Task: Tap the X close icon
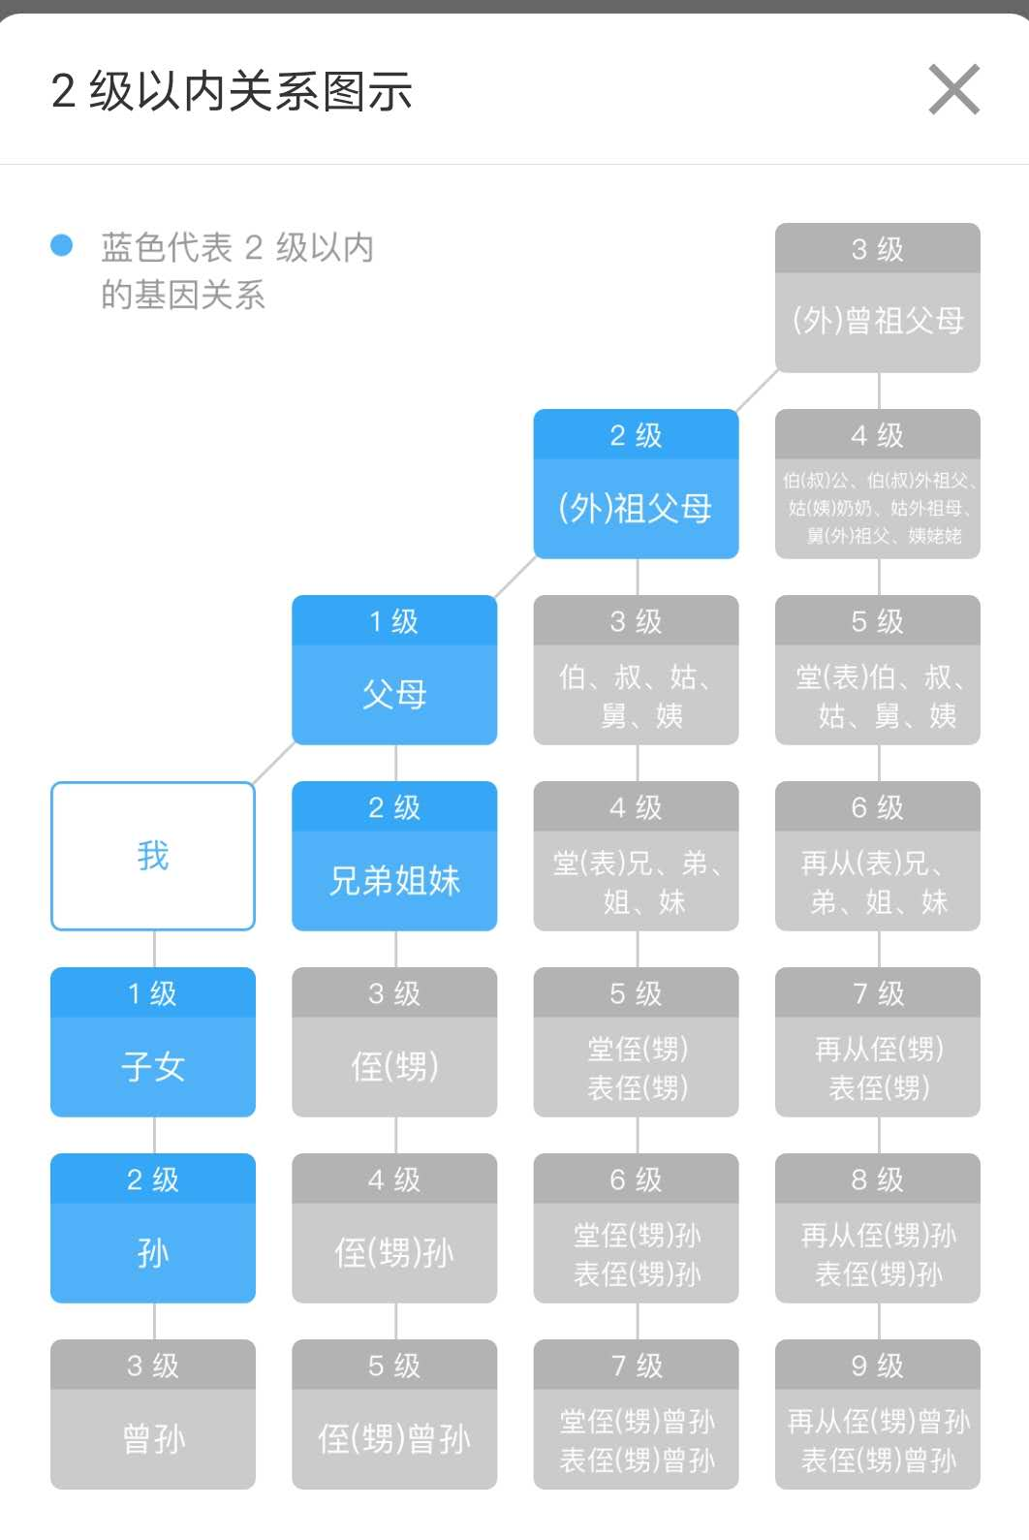pyautogui.click(x=953, y=89)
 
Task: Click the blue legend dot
pyautogui.click(x=62, y=245)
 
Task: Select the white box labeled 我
pyautogui.click(x=153, y=856)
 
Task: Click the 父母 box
pyautogui.click(x=394, y=670)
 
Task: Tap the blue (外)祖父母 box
pyautogui.click(x=636, y=484)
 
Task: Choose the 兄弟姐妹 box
pyautogui.click(x=394, y=856)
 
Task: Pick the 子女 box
pyautogui.click(x=153, y=1042)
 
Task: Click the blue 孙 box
pyautogui.click(x=153, y=1228)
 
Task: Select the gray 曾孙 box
pyautogui.click(x=153, y=1414)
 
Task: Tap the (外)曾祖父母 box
pyautogui.click(x=877, y=298)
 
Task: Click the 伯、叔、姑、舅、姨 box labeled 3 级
pyautogui.click(x=636, y=670)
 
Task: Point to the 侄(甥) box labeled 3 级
pyautogui.click(x=394, y=1042)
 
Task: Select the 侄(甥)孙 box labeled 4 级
pyautogui.click(x=394, y=1228)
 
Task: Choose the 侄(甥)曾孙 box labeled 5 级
pyautogui.click(x=394, y=1414)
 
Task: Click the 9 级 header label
pyautogui.click(x=877, y=1366)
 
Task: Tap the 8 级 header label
pyautogui.click(x=877, y=1179)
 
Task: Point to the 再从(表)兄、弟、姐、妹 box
pyautogui.click(x=877, y=856)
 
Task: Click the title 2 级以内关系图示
pyautogui.click(x=232, y=91)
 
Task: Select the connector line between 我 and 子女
pyautogui.click(x=154, y=949)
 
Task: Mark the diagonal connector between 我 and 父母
pyautogui.click(x=273, y=763)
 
